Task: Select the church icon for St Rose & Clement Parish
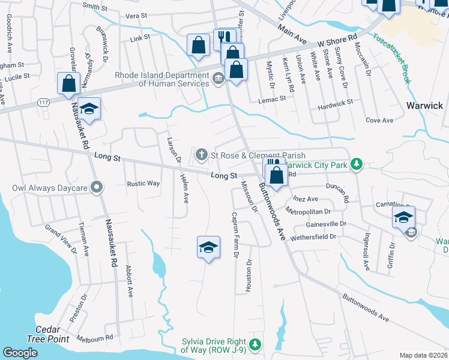click(x=202, y=156)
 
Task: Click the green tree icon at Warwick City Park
click(x=357, y=164)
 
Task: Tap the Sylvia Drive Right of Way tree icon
click(x=255, y=344)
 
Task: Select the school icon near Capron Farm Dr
click(x=208, y=247)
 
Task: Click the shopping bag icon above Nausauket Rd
click(x=68, y=83)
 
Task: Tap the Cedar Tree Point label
click(x=40, y=334)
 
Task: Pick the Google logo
click(x=20, y=353)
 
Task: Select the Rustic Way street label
click(x=143, y=184)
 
